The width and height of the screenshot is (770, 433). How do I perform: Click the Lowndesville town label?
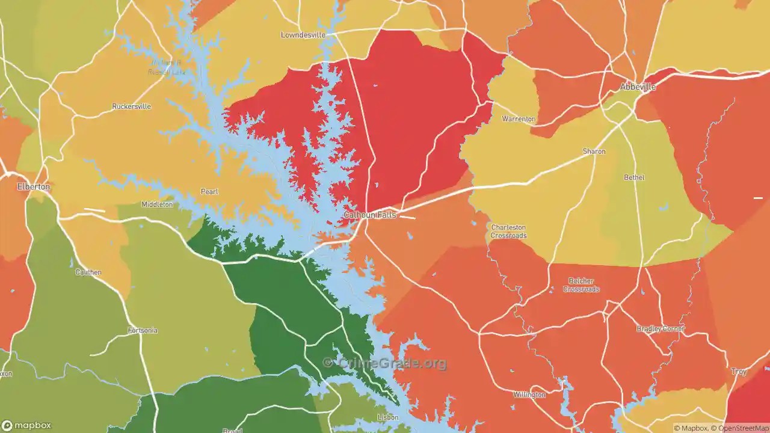coord(303,35)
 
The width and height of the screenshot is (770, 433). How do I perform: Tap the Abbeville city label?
coord(638,87)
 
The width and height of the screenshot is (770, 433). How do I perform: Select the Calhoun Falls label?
coord(370,215)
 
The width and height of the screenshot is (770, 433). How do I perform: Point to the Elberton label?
coord(33,186)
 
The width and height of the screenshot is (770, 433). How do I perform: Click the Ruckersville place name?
coord(131,106)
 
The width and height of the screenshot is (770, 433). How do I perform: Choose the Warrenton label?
coord(518,119)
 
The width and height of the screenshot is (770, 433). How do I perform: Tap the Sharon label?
coord(594,152)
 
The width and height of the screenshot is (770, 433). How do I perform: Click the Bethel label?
coord(634,177)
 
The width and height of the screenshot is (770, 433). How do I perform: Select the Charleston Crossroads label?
coord(508,232)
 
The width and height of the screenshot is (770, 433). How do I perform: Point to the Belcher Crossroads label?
coord(581,285)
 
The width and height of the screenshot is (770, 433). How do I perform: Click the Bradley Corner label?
coord(661,329)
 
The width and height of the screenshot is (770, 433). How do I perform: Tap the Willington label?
coord(529,395)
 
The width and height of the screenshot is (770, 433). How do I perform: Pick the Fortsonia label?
coord(143,331)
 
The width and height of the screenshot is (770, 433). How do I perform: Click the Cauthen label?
coord(88,272)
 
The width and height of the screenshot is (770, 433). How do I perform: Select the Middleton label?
coord(157,204)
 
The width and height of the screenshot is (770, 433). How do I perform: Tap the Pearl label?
coord(209,192)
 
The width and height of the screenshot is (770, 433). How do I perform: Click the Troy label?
coord(739,372)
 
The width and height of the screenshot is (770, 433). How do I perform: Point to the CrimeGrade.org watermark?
coord(385,363)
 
